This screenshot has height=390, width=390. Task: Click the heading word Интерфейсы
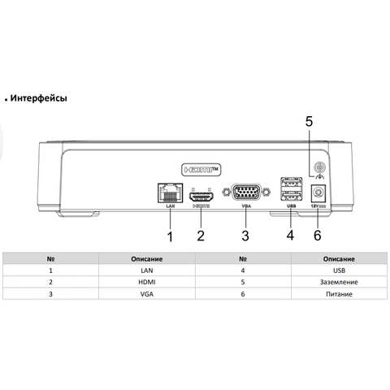[38, 98]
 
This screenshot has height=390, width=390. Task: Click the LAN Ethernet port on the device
[170, 193]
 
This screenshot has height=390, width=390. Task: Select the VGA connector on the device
[246, 192]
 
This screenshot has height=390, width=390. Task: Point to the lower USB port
[291, 195]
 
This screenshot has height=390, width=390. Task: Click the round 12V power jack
[318, 193]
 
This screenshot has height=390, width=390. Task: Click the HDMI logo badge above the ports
[201, 170]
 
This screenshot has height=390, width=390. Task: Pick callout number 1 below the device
[170, 236]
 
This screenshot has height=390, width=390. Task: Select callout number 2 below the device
[201, 236]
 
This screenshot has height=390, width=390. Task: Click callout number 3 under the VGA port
[245, 236]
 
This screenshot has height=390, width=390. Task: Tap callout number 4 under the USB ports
[290, 235]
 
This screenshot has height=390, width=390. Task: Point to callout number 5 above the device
[309, 121]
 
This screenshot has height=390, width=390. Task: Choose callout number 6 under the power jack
[318, 235]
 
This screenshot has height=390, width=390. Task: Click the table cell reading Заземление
[339, 282]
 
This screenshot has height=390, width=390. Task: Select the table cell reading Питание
[339, 294]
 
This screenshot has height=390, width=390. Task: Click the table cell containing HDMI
[147, 282]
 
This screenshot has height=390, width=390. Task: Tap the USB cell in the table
[339, 271]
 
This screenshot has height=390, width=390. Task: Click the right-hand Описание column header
[339, 259]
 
